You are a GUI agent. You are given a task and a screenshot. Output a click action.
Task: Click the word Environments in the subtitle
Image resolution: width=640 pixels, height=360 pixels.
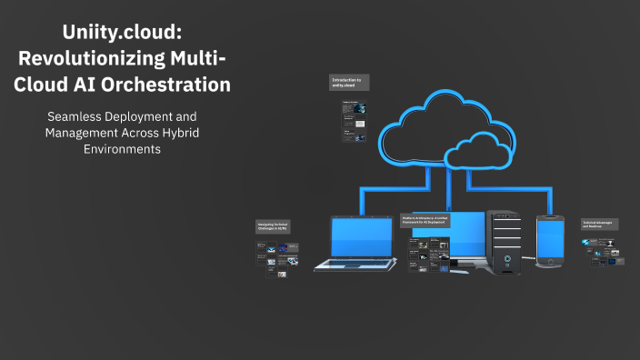coord(122,149)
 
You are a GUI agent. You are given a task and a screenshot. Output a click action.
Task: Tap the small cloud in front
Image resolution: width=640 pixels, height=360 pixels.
coord(481,146)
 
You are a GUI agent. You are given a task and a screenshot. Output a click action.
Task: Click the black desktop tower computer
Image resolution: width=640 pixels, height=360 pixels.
coord(502,241)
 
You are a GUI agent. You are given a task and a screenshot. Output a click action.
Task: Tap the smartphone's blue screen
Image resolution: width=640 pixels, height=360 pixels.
coord(551,239)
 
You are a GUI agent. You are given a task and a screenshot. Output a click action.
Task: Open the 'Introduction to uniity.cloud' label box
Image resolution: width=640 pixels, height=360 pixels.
coord(348,83)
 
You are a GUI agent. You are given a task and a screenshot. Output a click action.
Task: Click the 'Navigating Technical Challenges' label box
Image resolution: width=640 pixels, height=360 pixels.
coord(275,226)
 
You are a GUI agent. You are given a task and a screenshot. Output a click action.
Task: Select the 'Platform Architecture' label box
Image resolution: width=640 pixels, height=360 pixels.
coord(425,221)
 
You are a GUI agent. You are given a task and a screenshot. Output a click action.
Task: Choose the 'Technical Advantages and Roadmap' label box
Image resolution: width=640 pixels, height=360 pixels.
coord(601,224)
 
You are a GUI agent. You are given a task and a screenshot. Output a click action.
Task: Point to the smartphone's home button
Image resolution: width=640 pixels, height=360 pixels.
coord(550,263)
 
